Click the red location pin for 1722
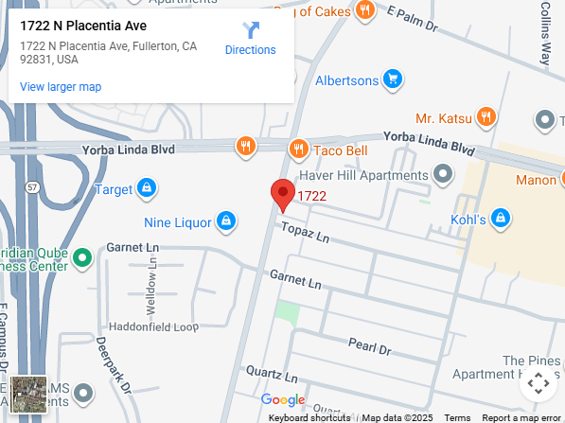(x=283, y=194)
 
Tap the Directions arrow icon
(x=250, y=30)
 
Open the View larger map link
(x=61, y=87)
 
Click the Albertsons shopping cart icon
(x=393, y=79)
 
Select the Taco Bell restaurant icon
(x=298, y=148)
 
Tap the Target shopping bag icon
(x=147, y=189)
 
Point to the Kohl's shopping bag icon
(x=502, y=220)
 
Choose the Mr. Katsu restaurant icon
(x=486, y=118)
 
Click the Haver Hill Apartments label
(x=363, y=175)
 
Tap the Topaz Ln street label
(x=303, y=231)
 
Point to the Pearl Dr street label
(x=369, y=346)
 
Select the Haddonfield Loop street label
(x=153, y=326)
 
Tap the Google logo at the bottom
(x=283, y=400)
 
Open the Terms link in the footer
(x=457, y=417)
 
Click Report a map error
(x=521, y=417)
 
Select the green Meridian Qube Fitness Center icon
(x=82, y=256)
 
